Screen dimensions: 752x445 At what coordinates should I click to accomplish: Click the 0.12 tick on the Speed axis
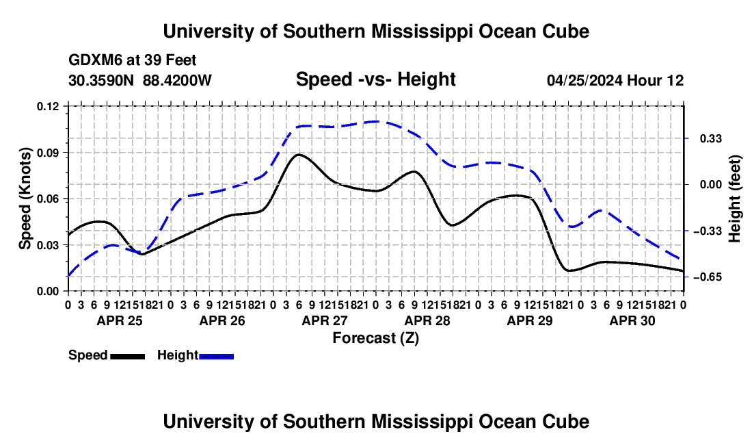(x=47, y=106)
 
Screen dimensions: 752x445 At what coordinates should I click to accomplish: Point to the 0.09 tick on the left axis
(x=47, y=153)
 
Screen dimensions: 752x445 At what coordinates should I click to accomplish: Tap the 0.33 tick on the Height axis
(x=711, y=139)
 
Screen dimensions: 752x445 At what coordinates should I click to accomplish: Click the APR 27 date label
(x=325, y=320)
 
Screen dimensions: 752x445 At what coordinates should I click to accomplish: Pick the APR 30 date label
(x=632, y=320)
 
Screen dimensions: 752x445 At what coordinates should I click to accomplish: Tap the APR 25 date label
(x=120, y=320)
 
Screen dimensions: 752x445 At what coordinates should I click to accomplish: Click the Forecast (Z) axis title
(x=376, y=338)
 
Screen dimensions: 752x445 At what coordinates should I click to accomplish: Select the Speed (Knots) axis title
(x=25, y=199)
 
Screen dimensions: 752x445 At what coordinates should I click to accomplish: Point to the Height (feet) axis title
(x=735, y=199)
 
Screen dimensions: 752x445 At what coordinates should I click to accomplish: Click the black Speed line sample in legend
(x=128, y=356)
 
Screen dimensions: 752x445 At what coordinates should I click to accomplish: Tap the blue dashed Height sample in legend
(x=216, y=356)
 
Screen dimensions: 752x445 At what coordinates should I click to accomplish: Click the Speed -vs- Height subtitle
(x=375, y=79)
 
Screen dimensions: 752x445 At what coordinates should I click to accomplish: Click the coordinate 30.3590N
(x=101, y=80)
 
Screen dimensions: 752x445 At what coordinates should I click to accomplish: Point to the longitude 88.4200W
(x=177, y=80)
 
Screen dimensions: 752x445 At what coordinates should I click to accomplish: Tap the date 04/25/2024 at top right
(x=585, y=80)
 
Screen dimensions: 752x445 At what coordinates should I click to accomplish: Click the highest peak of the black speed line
(x=299, y=155)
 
